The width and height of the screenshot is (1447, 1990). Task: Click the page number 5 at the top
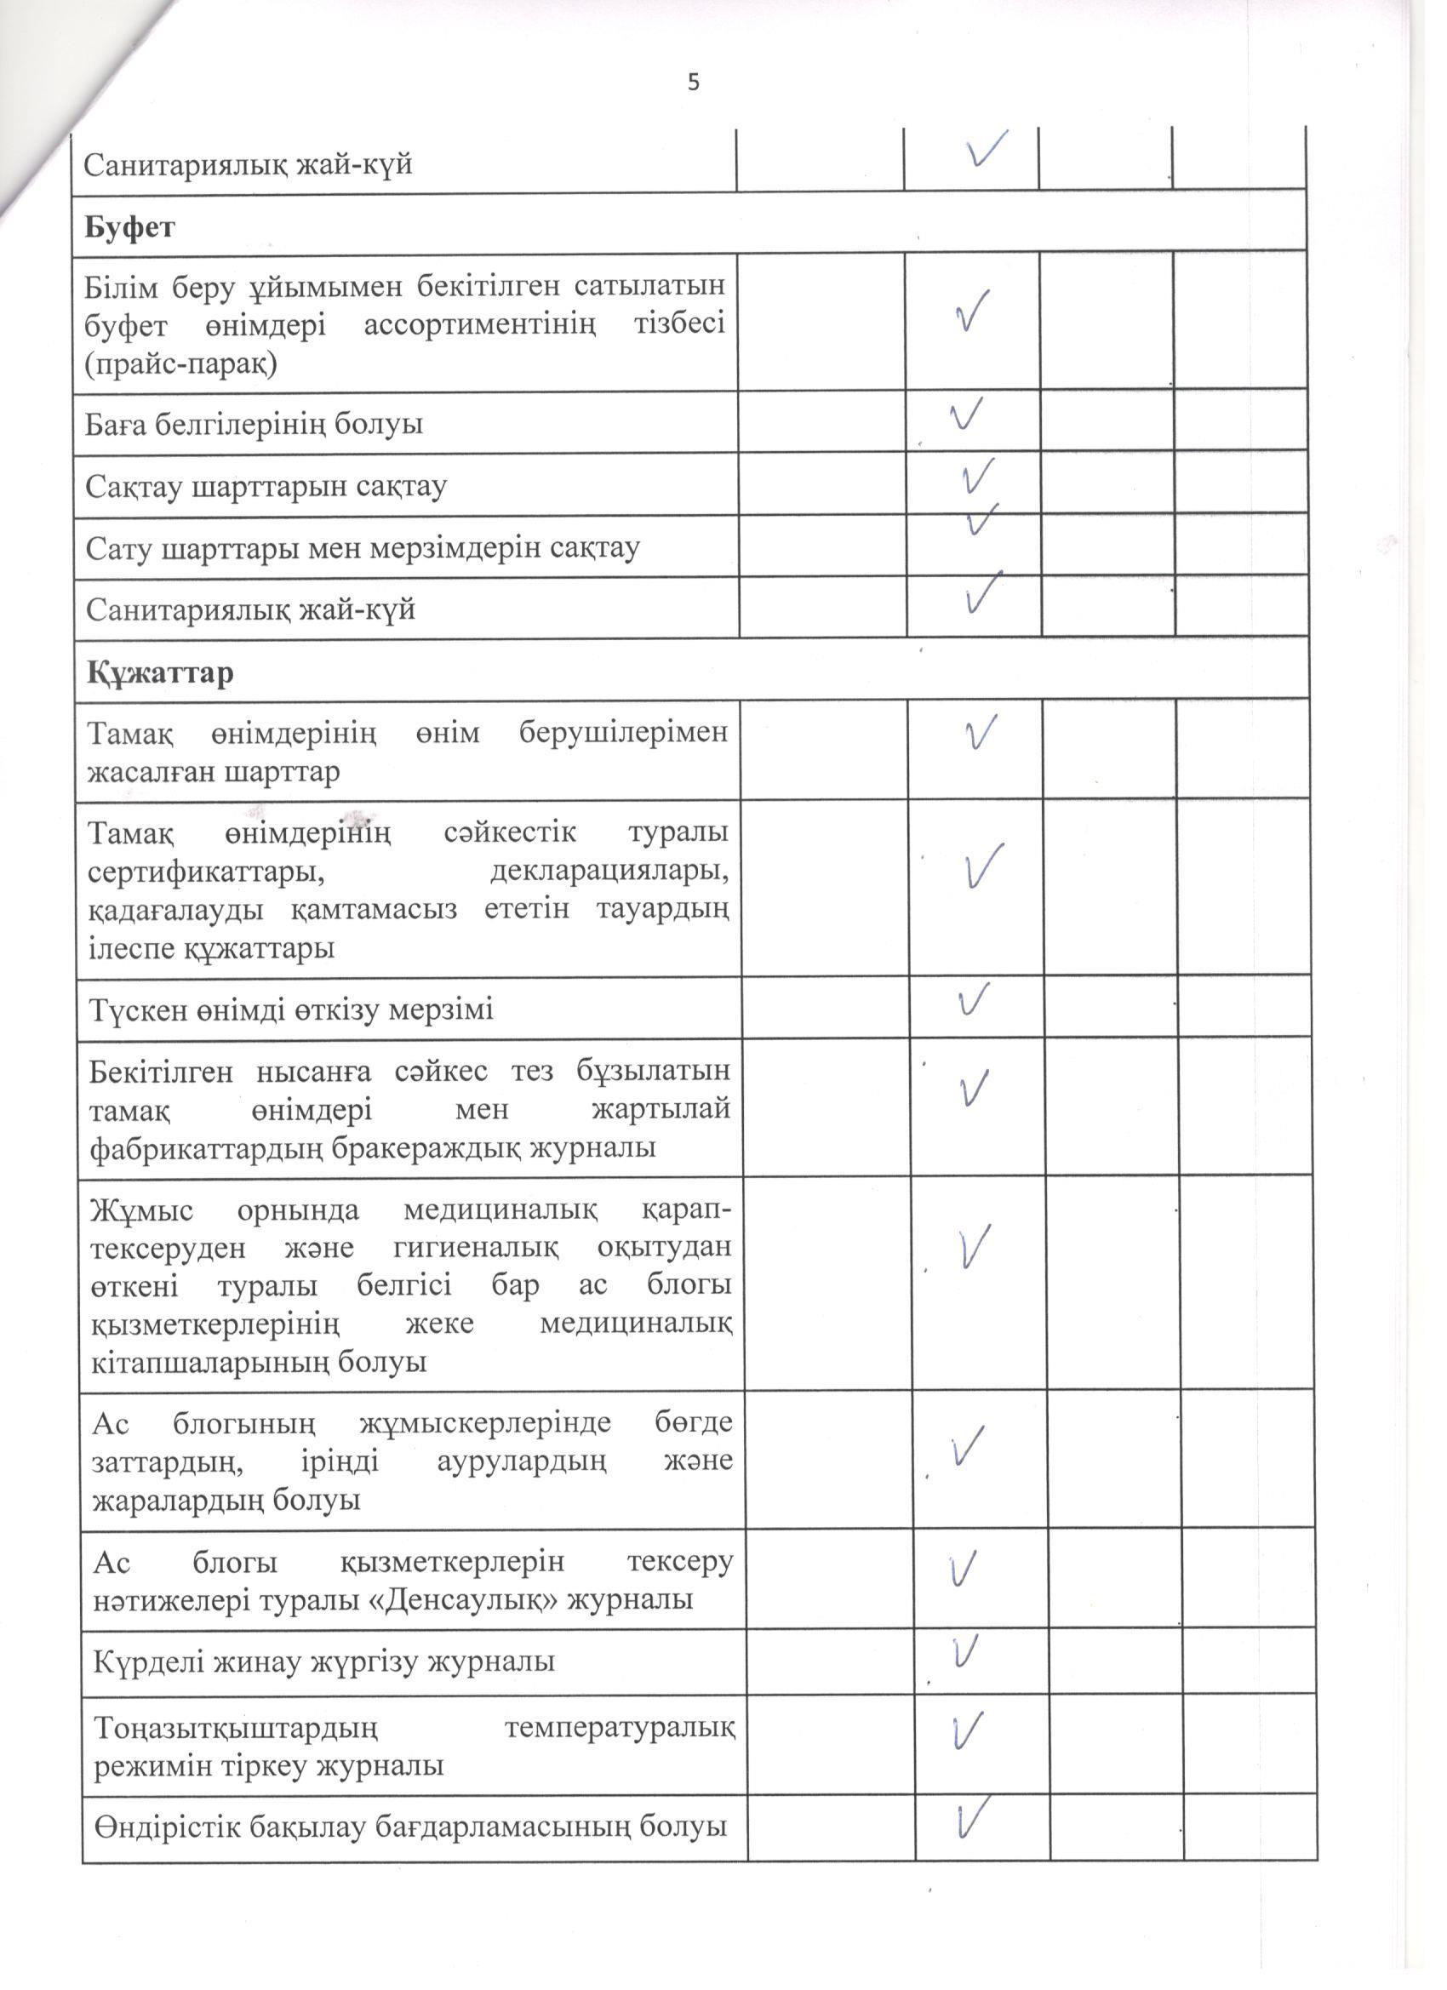point(694,83)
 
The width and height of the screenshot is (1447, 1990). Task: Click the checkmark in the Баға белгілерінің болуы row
point(964,414)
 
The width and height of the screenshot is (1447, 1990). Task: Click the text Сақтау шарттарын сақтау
point(266,485)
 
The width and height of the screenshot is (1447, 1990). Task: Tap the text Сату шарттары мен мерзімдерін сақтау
point(363,547)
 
